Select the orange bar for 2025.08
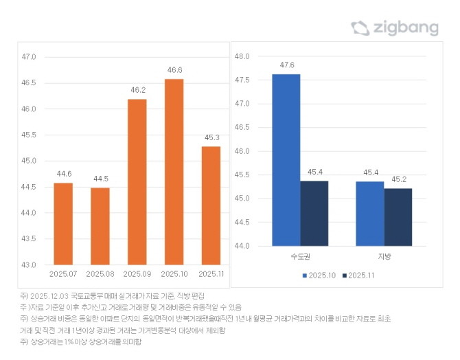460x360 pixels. (x=100, y=226)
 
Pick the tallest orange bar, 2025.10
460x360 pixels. (x=174, y=172)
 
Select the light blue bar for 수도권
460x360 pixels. (x=286, y=159)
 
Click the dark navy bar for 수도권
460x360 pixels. (x=314, y=213)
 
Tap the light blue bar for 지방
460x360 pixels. (x=370, y=213)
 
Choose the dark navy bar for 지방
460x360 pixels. (x=398, y=216)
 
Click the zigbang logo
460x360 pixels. (x=395, y=28)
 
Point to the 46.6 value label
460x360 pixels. (x=174, y=70)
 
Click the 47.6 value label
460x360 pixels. (x=287, y=65)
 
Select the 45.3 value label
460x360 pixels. (x=211, y=137)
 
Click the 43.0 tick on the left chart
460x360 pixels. (x=29, y=265)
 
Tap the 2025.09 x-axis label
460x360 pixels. (x=137, y=274)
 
